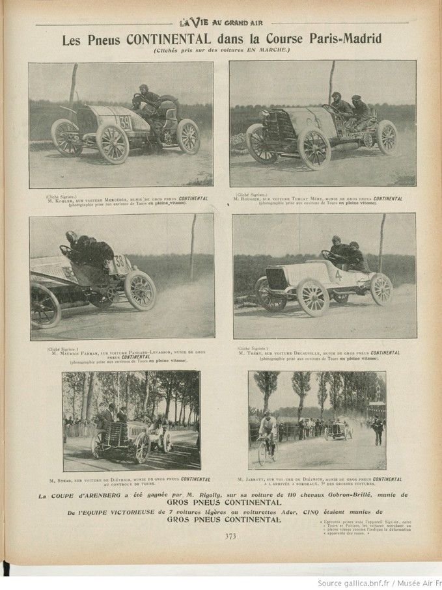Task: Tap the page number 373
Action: (230, 536)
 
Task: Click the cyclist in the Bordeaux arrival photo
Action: (268, 434)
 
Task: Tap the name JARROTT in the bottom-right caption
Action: (270, 479)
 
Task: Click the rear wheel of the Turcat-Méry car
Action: (387, 138)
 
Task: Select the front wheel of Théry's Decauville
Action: (312, 297)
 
